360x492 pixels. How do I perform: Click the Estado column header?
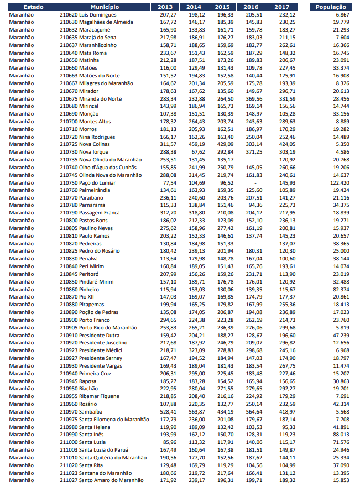[x=25, y=7]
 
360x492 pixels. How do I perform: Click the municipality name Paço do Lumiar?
[x=98, y=182]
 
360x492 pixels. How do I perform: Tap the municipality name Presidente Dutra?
[x=99, y=335]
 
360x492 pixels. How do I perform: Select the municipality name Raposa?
[x=90, y=381]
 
